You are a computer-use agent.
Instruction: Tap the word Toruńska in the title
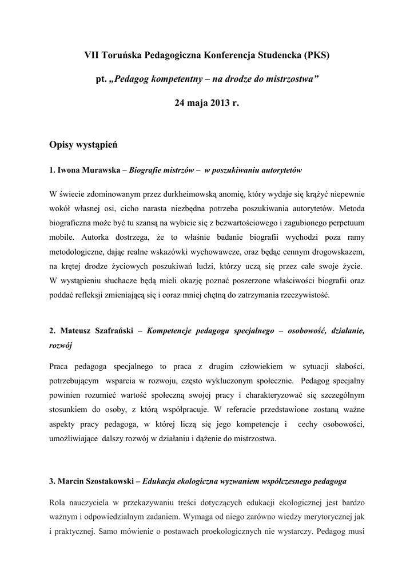click(123, 56)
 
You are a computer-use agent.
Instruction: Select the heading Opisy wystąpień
click(83, 146)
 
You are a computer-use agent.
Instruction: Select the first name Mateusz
click(75, 331)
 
